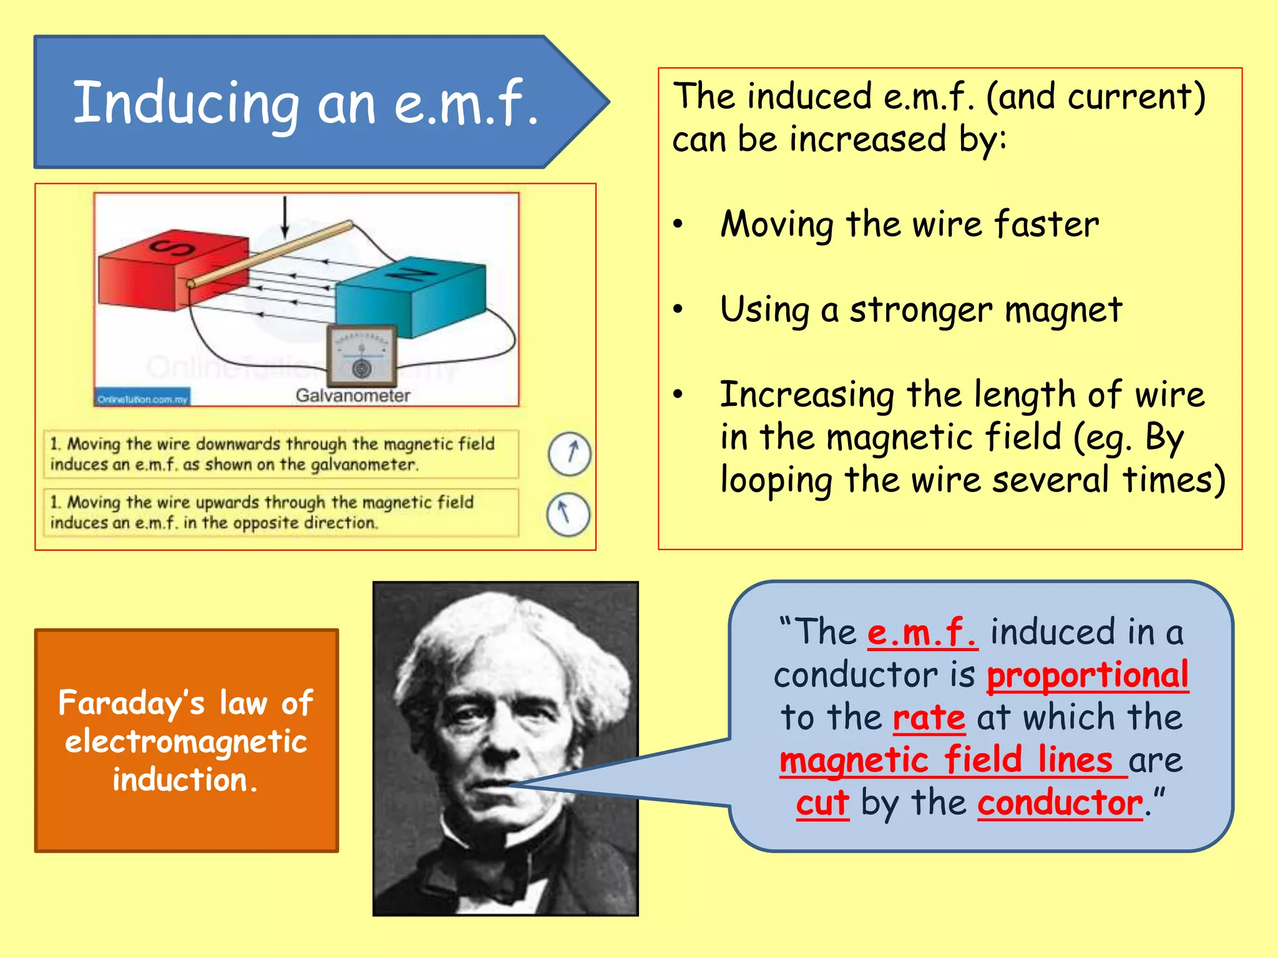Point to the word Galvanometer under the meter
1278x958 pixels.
pyautogui.click(x=353, y=395)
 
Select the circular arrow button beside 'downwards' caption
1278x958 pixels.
pyautogui.click(x=569, y=453)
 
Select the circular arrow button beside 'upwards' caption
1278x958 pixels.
pyautogui.click(x=568, y=514)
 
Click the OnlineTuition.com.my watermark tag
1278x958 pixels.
pyautogui.click(x=143, y=399)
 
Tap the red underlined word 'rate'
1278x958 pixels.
pyautogui.click(x=929, y=717)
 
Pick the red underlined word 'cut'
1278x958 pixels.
pyautogui.click(x=822, y=803)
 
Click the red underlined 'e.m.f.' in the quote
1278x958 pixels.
pyautogui.click(x=922, y=632)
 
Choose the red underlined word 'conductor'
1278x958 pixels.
pyautogui.click(x=1060, y=803)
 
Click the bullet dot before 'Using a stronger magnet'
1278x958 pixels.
pyautogui.click(x=678, y=309)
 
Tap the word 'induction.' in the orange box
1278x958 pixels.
pyautogui.click(x=185, y=780)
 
